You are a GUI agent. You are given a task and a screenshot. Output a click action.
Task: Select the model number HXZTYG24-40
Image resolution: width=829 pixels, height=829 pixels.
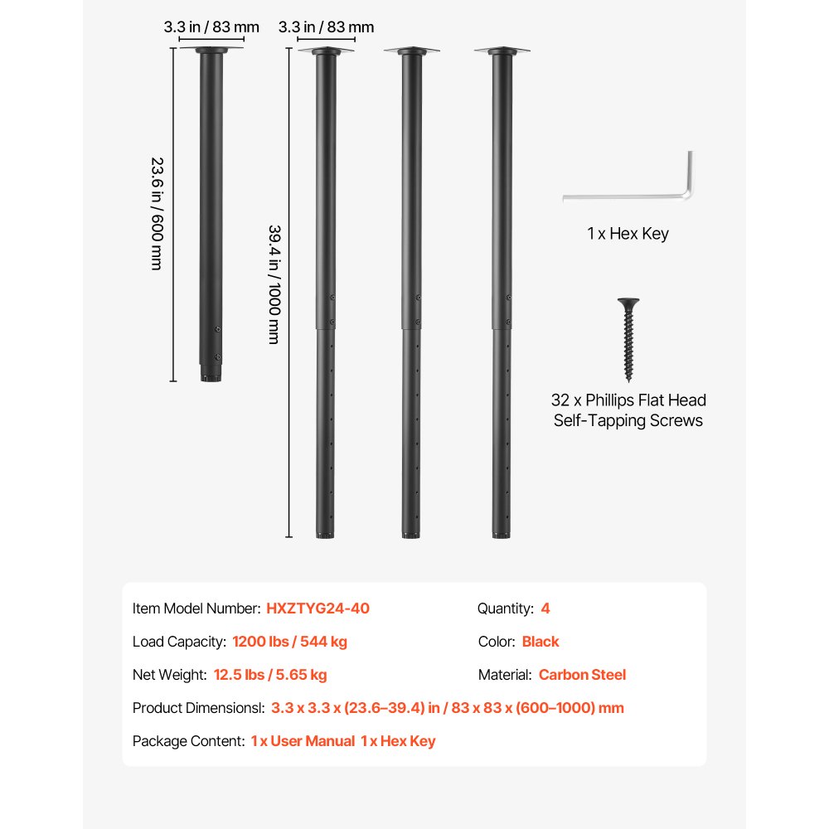coord(318,608)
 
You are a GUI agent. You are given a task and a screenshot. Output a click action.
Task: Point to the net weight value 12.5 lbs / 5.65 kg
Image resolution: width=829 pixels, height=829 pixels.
coord(270,675)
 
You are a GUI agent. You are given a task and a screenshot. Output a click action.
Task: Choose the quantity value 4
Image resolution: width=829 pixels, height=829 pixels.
coord(545,608)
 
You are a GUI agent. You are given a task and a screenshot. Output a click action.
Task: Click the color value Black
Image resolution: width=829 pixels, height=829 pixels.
coord(541,642)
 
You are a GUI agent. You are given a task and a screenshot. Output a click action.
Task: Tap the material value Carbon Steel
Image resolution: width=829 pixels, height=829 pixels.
coord(582,675)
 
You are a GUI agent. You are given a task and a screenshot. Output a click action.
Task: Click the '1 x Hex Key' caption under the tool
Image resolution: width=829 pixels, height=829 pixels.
coord(628,234)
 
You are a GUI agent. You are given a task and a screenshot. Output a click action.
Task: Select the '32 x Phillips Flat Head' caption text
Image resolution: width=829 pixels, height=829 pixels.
coord(628,400)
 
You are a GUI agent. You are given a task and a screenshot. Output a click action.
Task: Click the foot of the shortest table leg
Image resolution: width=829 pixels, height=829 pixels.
coord(211,376)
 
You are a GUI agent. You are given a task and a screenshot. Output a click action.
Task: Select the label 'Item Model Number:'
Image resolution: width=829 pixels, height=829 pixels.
coord(196,608)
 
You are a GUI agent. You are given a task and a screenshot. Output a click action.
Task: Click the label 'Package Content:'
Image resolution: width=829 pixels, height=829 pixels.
coord(188,741)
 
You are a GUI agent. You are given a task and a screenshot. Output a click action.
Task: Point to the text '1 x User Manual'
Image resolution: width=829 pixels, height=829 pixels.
coord(303,741)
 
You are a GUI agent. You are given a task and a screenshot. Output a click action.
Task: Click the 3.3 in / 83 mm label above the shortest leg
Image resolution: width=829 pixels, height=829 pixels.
coord(211,27)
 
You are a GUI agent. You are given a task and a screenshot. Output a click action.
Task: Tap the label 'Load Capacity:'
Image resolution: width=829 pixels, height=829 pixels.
coord(179,642)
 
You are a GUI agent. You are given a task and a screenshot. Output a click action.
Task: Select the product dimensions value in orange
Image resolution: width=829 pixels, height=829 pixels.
coord(447,708)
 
